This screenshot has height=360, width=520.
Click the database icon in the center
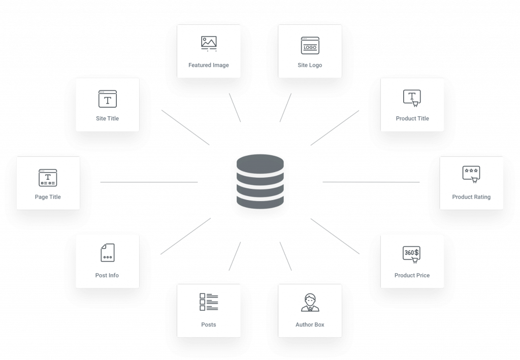[x=259, y=181]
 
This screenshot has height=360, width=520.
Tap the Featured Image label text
[x=208, y=65]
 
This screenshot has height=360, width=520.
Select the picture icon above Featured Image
[x=209, y=44]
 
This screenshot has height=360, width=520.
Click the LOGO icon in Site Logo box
[x=310, y=46]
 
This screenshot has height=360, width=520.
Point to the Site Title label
[x=107, y=118]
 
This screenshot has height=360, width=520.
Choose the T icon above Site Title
[x=107, y=99]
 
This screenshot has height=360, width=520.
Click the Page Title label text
[x=48, y=197]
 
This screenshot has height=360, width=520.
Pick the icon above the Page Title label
[x=48, y=177]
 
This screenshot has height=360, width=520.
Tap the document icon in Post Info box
[x=107, y=253]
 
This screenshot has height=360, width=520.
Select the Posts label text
[x=208, y=324]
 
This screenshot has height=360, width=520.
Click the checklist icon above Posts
[x=209, y=302]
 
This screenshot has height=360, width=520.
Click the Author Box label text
[x=310, y=324]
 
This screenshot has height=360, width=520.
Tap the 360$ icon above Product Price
[x=411, y=253]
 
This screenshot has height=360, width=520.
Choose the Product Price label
[x=412, y=275]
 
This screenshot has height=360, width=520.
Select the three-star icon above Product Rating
[x=471, y=174]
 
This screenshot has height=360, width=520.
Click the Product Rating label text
[x=471, y=197]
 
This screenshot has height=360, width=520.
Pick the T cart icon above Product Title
[x=412, y=98]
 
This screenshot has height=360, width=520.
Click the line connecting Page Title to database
[x=149, y=182]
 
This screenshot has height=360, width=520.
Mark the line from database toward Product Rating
[x=371, y=182]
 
